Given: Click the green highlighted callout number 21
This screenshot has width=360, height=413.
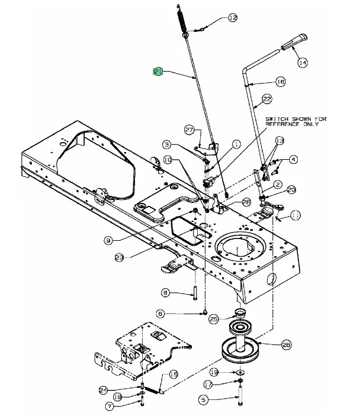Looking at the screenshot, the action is point(158,72).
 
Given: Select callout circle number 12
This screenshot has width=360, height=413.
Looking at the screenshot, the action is point(233,18).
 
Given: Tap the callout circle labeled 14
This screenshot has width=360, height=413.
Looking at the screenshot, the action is point(303,63).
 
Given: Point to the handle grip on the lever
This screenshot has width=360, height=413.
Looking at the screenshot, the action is point(294,42).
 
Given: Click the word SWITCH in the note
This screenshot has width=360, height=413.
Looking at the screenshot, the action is point(277,120).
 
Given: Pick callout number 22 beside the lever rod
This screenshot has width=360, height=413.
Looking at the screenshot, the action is point(267,99).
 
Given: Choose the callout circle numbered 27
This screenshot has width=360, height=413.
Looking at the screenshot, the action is point(189,130).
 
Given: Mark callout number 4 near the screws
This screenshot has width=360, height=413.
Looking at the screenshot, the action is point(293,159).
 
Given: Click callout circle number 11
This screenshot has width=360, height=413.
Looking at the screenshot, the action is point(295,215).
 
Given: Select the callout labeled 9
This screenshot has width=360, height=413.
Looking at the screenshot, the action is point(108,240).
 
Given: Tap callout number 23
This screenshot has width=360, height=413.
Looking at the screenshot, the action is point(120,257).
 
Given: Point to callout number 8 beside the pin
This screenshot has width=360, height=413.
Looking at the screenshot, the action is point(165,293).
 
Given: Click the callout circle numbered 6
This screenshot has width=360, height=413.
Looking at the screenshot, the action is point(160,314).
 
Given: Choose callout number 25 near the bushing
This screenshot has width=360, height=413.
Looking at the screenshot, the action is point(214,320).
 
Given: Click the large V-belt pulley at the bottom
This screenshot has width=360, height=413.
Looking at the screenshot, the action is point(240,349).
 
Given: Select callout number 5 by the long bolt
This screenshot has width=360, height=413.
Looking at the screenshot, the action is point(203,399).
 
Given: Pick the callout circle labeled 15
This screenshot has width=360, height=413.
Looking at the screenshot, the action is point(173,375).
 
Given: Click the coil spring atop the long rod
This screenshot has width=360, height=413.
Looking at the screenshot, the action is point(182,21).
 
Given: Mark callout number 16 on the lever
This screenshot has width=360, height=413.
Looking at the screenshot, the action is point(281,82).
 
